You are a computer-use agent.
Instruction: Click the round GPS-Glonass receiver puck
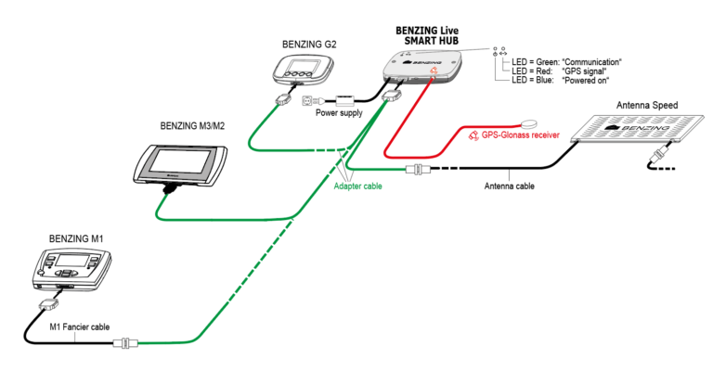pyautogui.click(x=528, y=121)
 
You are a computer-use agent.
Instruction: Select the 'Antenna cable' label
pyautogui.click(x=510, y=186)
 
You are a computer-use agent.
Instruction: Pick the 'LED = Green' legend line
pyautogui.click(x=566, y=62)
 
